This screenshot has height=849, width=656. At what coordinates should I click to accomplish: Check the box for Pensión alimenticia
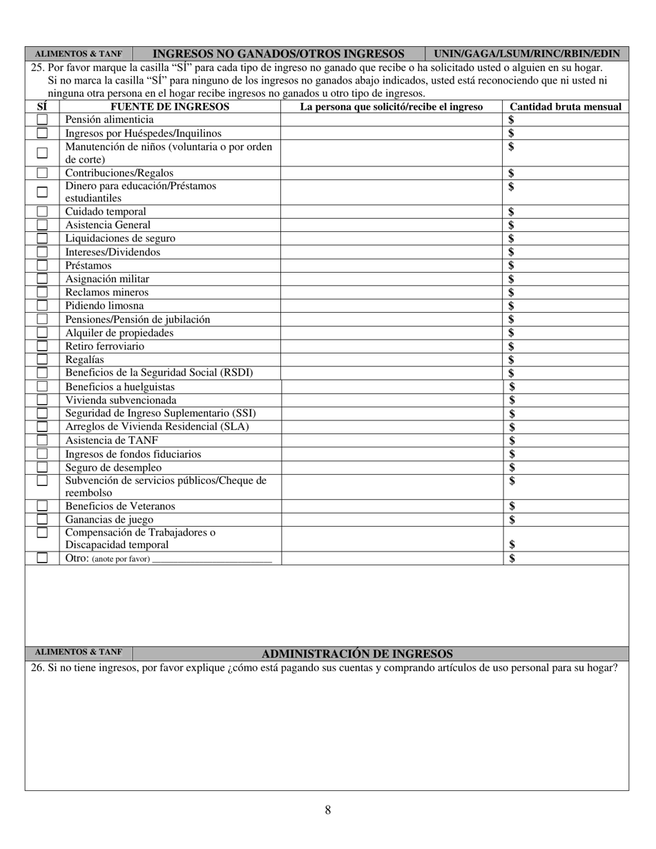pyautogui.click(x=42, y=120)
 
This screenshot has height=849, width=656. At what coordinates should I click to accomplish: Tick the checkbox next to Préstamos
pyautogui.click(x=42, y=266)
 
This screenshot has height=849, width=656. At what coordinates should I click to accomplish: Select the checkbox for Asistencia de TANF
pyautogui.click(x=42, y=440)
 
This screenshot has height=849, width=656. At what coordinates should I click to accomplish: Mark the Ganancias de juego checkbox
pyautogui.click(x=42, y=520)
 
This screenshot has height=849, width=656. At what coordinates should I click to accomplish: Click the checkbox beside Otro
pyautogui.click(x=42, y=558)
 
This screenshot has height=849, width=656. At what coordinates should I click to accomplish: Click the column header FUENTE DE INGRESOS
pyautogui.click(x=170, y=107)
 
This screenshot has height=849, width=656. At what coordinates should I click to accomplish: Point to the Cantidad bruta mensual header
pyautogui.click(x=565, y=107)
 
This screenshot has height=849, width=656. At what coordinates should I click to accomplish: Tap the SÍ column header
pyautogui.click(x=42, y=107)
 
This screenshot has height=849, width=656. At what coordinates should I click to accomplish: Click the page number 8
pyautogui.click(x=328, y=810)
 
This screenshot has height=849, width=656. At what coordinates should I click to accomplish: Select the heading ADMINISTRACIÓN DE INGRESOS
pyautogui.click(x=357, y=654)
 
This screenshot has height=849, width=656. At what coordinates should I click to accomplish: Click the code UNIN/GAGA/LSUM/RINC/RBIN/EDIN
pyautogui.click(x=526, y=54)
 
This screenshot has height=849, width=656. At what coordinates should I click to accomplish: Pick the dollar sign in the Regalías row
pyautogui.click(x=512, y=360)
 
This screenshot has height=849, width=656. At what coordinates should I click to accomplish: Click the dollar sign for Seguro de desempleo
pyautogui.click(x=512, y=467)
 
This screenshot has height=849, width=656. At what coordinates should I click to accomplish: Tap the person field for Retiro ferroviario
pyautogui.click(x=391, y=347)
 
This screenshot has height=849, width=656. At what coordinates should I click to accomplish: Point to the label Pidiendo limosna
pyautogui.click(x=105, y=306)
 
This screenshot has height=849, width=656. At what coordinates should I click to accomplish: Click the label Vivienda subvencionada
pyautogui.click(x=121, y=400)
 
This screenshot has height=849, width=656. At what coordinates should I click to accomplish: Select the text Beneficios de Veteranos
pyautogui.click(x=120, y=507)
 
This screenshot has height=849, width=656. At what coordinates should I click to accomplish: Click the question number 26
pyautogui.click(x=37, y=668)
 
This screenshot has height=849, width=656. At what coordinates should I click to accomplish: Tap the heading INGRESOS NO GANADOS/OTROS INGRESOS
pyautogui.click(x=278, y=54)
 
